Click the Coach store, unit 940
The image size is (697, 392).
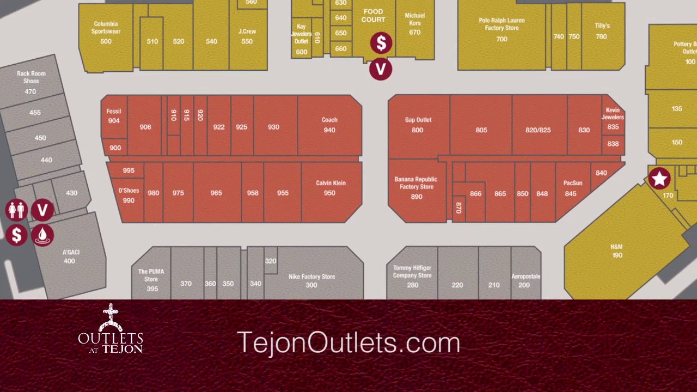pos(329,125)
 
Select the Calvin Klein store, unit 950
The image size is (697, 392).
pos(330,188)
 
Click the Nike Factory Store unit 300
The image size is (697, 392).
pos(311,280)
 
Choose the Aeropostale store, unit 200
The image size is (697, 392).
pos(525,280)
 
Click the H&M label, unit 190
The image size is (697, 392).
pos(617,250)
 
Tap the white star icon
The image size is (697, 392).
pos(659,179)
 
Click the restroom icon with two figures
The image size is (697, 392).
pos(16,210)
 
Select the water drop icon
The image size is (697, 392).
pos(42,235)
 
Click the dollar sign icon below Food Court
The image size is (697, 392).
pos(381,44)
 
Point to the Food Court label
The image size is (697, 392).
pos(373,15)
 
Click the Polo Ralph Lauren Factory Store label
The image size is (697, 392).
pos(502,24)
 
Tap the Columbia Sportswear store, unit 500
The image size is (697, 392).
pos(106,32)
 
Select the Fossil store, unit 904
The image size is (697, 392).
pos(114,115)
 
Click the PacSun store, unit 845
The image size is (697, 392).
pos(572,188)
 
